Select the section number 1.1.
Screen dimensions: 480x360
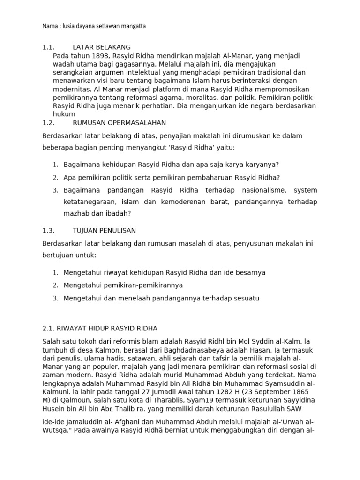click(x=48, y=47)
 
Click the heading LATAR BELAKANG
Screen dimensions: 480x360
click(x=102, y=47)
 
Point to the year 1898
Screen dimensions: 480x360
click(x=101, y=56)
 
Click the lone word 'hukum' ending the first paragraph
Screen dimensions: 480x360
click(x=64, y=114)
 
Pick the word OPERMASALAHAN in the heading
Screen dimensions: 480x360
click(x=135, y=123)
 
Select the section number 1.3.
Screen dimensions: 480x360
click(x=48, y=231)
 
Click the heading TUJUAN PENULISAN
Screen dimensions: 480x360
click(x=104, y=231)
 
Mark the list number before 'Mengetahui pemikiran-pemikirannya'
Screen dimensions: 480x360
click(x=55, y=285)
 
